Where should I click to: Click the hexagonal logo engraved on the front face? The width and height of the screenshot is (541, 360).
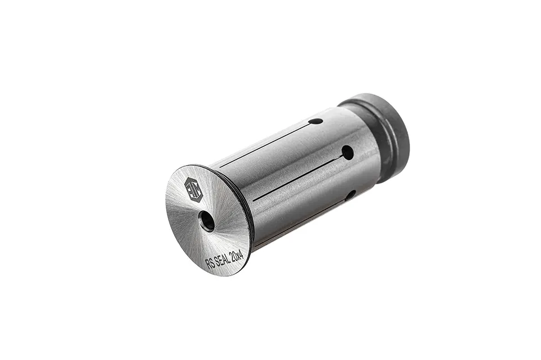click(194, 189)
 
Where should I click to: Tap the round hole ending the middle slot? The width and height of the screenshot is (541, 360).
click(348, 152)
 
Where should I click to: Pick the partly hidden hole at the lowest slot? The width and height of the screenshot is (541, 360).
click(351, 195)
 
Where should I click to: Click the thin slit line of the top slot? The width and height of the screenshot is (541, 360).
click(265, 145)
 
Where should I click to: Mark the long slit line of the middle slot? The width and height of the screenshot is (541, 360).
click(298, 178)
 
